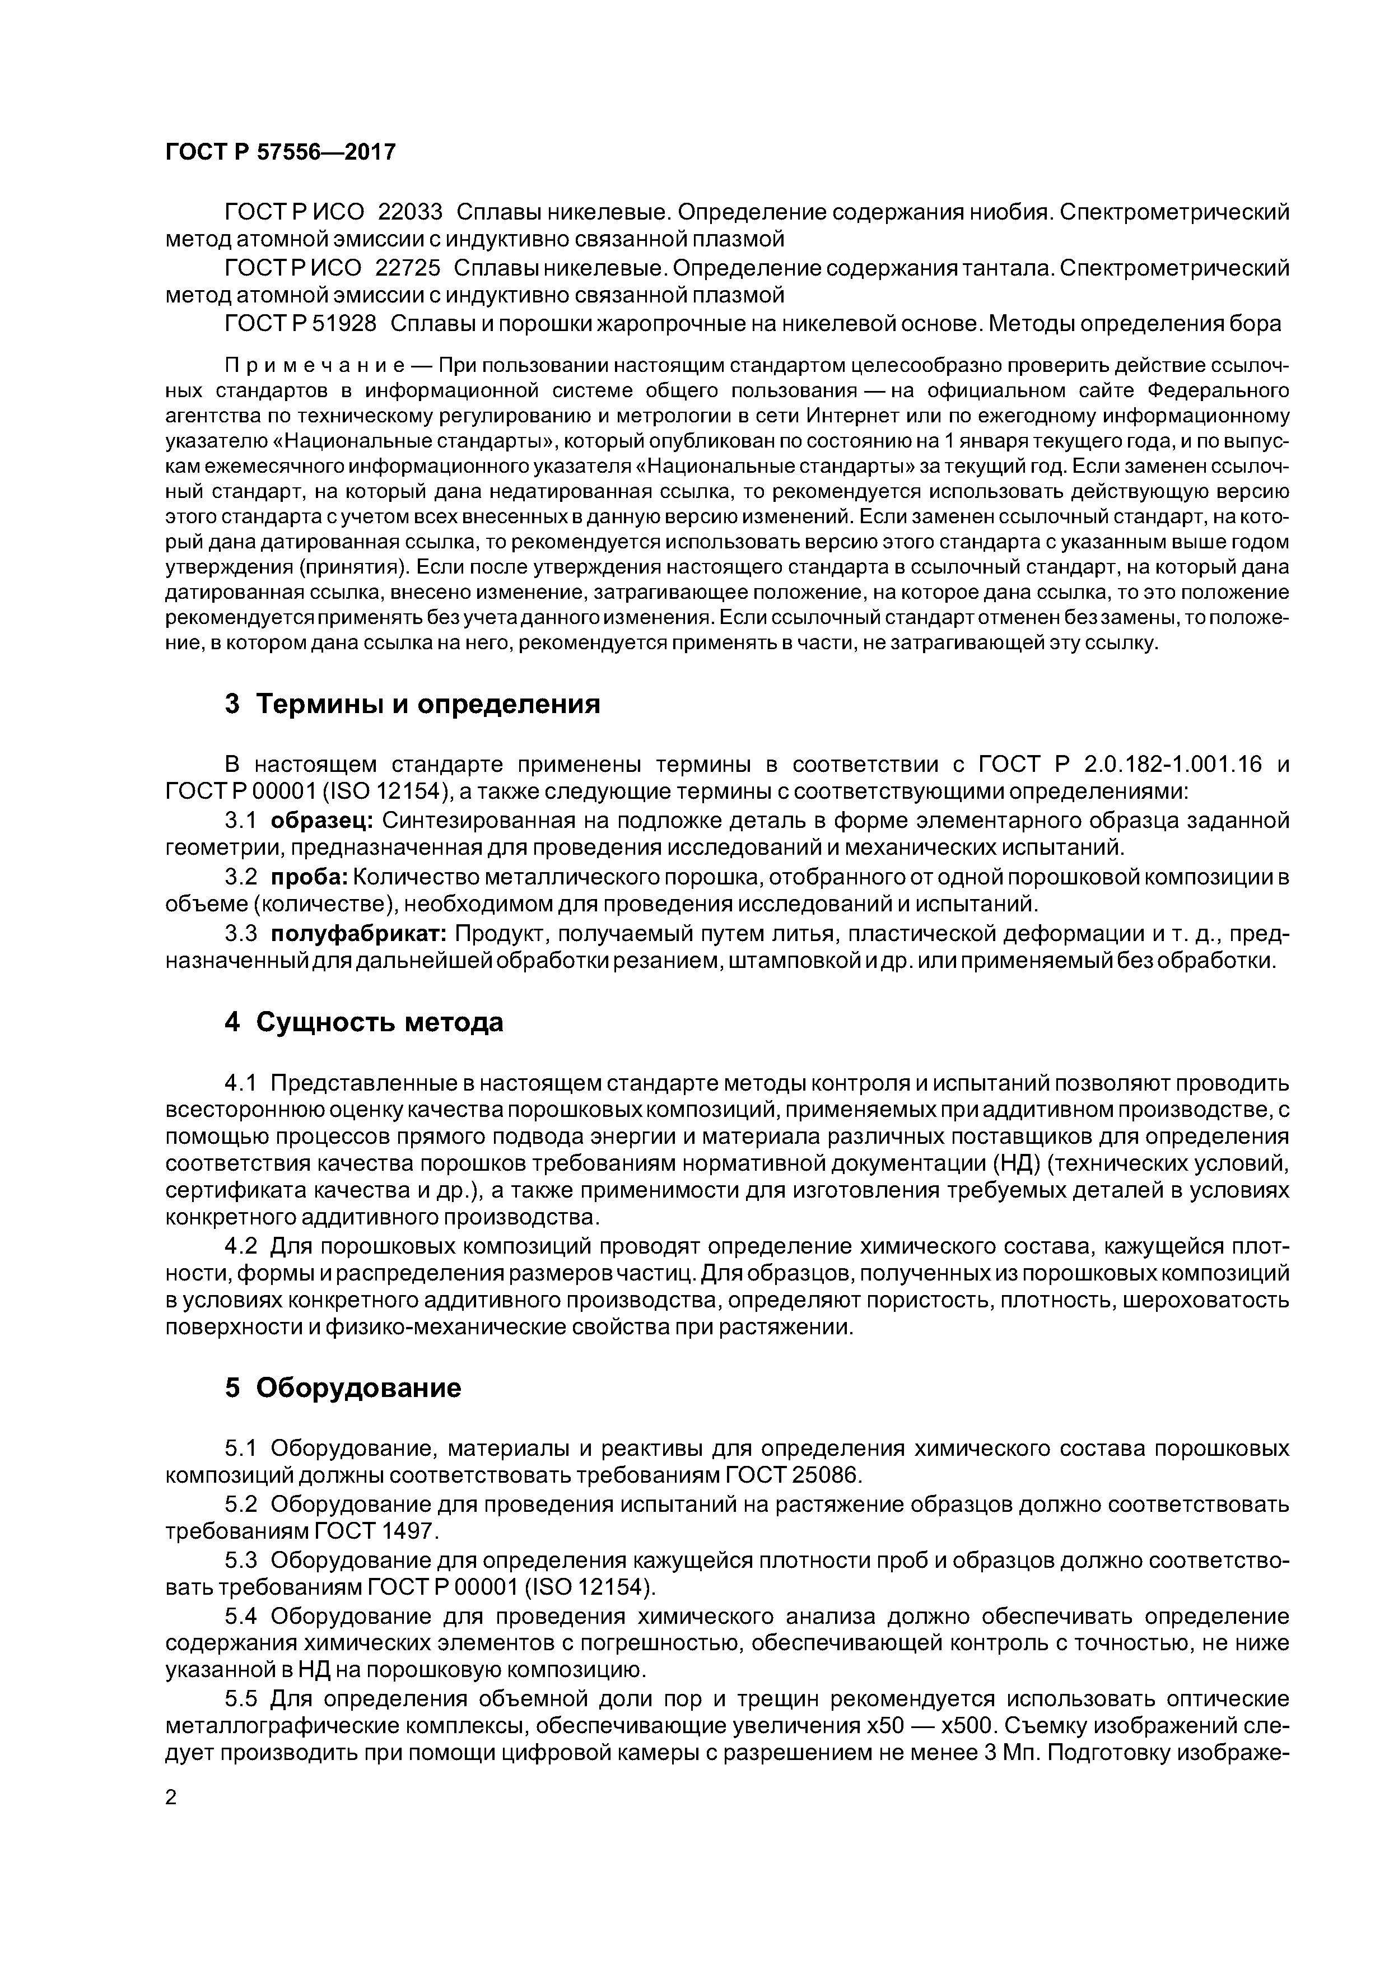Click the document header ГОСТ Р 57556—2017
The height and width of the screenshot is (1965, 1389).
pos(280,153)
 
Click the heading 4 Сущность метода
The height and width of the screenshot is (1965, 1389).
pos(363,1023)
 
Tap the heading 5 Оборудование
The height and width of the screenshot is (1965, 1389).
pos(342,1387)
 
